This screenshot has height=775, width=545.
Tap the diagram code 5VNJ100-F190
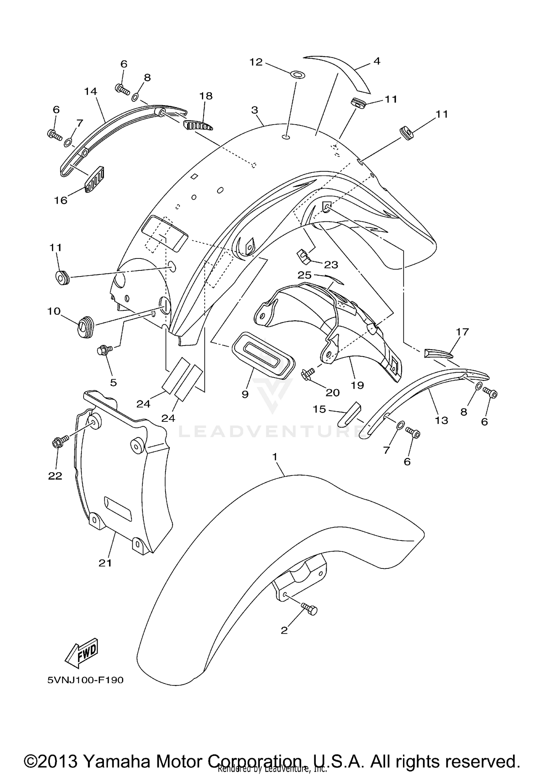point(85,680)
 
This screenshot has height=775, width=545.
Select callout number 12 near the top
point(256,62)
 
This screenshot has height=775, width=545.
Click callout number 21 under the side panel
point(105,563)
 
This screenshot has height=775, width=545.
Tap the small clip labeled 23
point(304,257)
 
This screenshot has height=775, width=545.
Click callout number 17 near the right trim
point(463,332)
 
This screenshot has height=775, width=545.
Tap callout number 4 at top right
point(377,61)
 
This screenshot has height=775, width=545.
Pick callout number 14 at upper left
point(90,91)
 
